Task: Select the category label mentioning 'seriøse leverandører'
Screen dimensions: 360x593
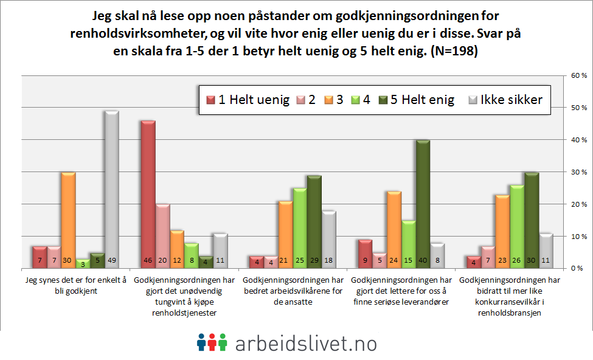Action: (403, 291)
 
